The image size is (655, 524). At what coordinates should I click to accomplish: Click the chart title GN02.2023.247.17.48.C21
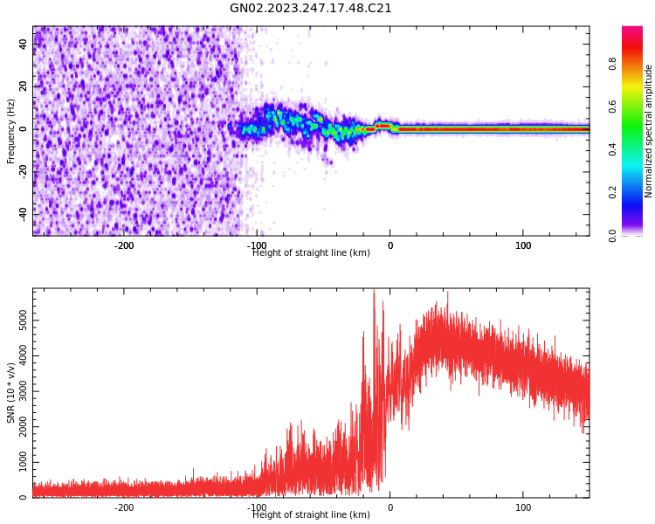[x=311, y=9]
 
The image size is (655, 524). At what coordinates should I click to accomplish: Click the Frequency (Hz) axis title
[x=11, y=131]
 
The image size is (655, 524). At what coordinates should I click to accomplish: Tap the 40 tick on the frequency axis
[x=24, y=45]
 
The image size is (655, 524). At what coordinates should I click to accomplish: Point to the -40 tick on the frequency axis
[x=24, y=212]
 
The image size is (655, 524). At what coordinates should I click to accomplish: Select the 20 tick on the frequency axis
[x=24, y=86]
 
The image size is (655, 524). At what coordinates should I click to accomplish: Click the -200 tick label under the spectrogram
[x=124, y=245]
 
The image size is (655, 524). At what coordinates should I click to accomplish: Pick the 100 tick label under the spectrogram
[x=523, y=245]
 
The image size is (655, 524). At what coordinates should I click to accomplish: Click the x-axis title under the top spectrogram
[x=311, y=253]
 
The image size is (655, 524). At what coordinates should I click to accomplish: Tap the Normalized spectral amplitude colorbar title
[x=649, y=131]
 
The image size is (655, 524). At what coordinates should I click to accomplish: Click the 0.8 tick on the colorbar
[x=612, y=63]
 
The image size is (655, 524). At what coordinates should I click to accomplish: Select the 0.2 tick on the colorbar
[x=612, y=192]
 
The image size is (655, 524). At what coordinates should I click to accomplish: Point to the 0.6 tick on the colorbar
[x=612, y=106]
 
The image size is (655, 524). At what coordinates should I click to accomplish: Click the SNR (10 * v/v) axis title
[x=11, y=393]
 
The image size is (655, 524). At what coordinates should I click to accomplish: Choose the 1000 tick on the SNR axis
[x=24, y=462]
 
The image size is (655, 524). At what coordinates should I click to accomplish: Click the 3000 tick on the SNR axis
[x=24, y=391]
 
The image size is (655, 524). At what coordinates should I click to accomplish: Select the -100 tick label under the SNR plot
[x=257, y=507]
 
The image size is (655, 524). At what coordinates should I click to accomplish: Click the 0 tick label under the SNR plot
[x=390, y=507]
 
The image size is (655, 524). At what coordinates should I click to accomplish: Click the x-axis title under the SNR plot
[x=311, y=515]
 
